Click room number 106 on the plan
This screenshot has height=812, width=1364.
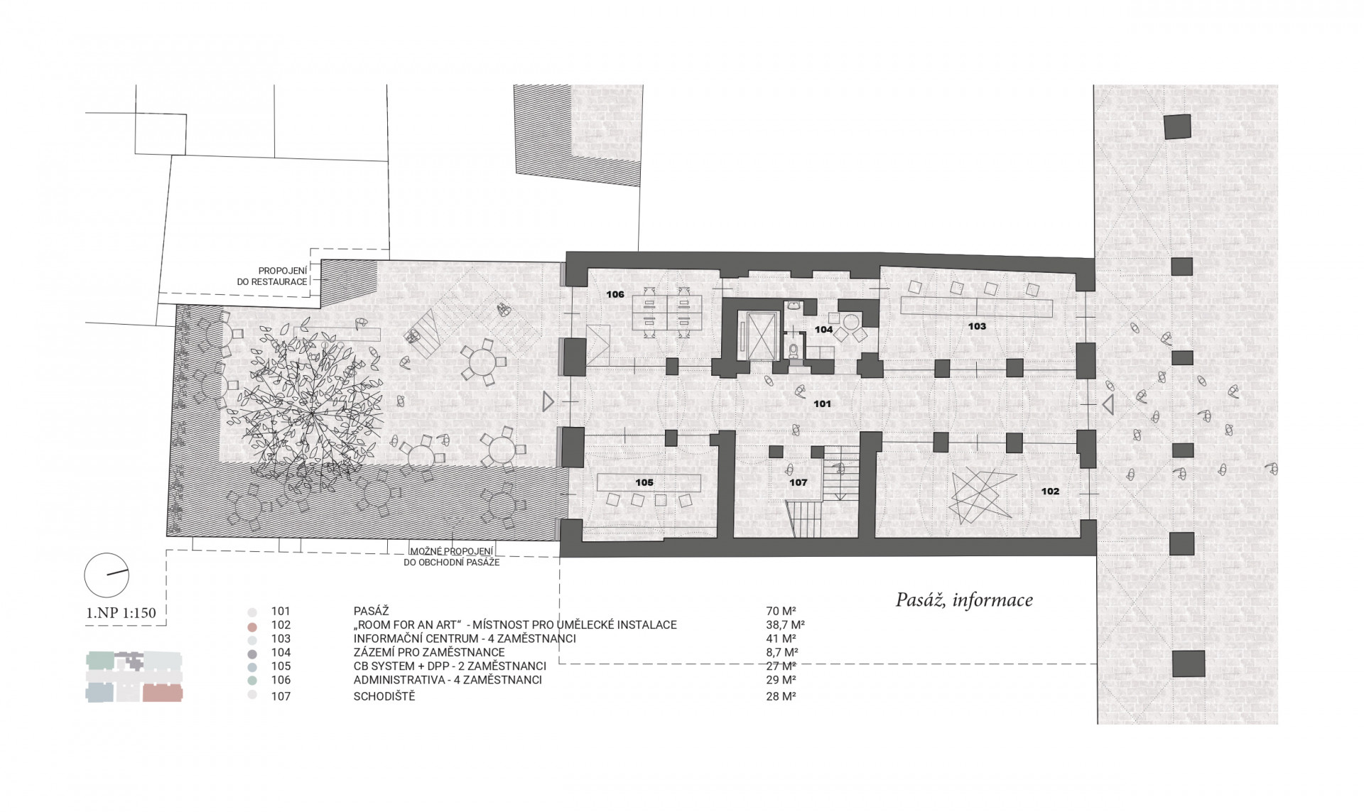click(615, 294)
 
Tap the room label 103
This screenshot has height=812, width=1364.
click(977, 326)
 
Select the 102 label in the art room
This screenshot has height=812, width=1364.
click(1050, 491)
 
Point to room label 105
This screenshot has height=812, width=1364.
click(644, 482)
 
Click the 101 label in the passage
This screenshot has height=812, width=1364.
click(822, 404)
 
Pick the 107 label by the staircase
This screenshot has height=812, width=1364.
click(799, 482)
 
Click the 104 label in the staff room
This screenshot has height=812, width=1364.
click(824, 330)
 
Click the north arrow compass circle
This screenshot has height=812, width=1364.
click(107, 575)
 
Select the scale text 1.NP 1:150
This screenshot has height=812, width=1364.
click(121, 612)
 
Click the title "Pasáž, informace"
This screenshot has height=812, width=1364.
click(964, 600)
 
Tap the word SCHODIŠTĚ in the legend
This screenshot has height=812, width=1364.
click(384, 696)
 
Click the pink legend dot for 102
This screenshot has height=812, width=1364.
click(251, 626)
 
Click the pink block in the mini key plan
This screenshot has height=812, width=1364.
click(163, 693)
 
